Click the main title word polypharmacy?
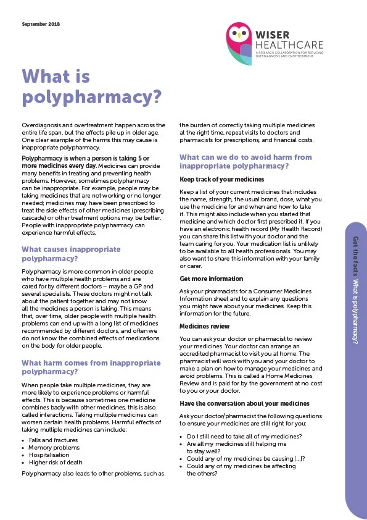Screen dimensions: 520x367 coord(91,98)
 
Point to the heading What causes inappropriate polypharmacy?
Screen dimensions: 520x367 coord(71,254)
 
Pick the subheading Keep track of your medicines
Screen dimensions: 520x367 coord(213,179)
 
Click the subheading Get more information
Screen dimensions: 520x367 coord(211,279)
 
